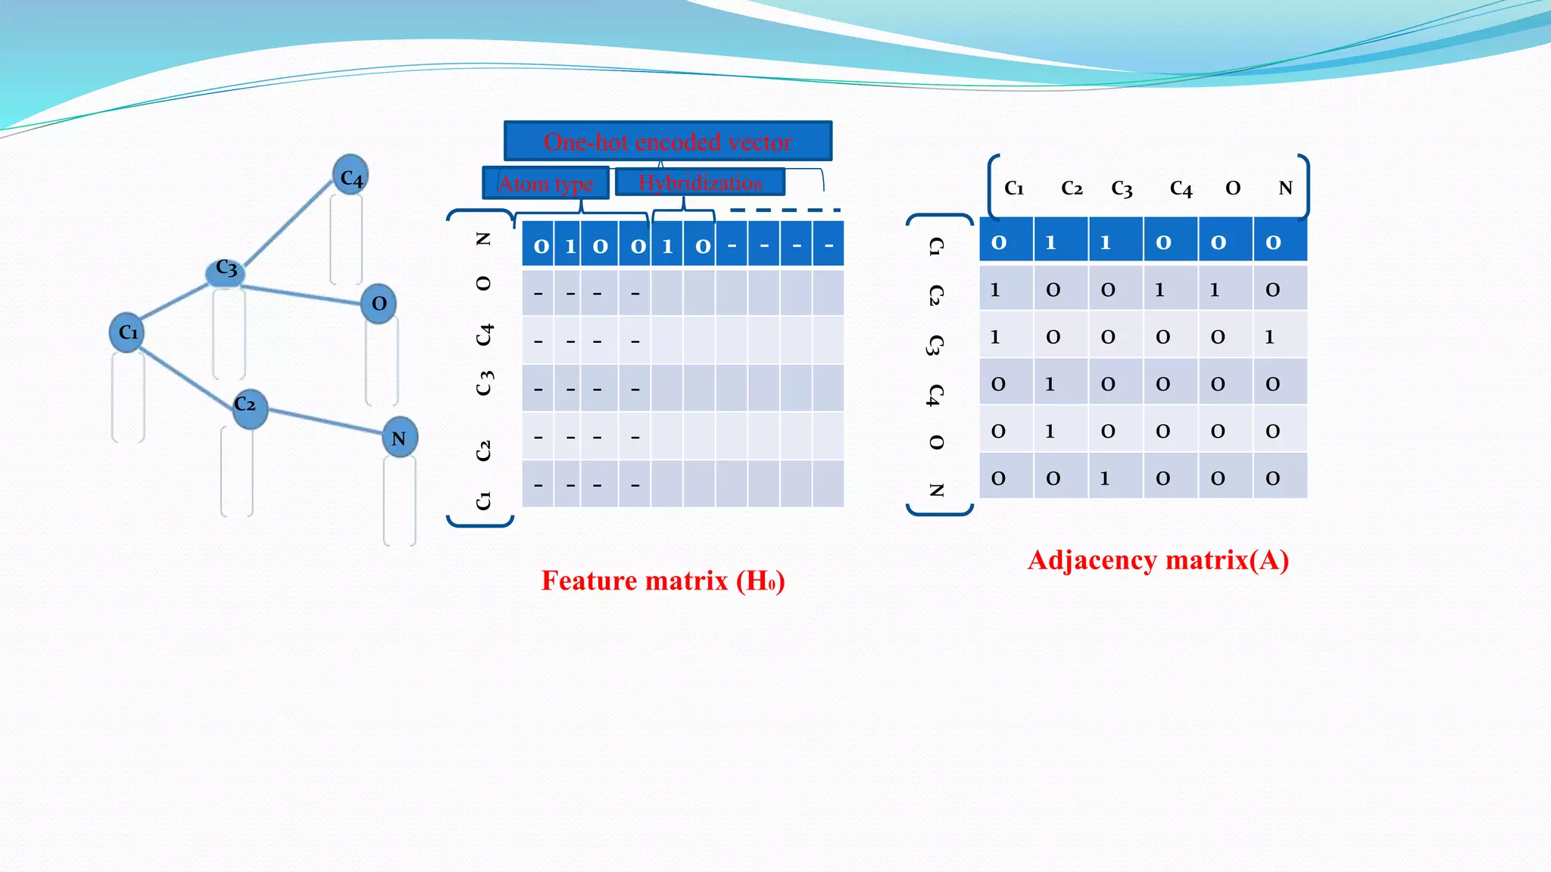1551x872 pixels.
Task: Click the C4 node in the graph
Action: (350, 176)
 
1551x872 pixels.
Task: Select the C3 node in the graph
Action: (226, 270)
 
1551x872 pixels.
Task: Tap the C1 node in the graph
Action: (126, 332)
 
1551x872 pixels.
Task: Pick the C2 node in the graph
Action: (249, 407)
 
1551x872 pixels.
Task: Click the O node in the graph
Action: (379, 304)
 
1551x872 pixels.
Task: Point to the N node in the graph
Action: (399, 438)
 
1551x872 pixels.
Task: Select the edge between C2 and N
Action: (326, 422)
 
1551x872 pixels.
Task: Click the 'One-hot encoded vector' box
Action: (668, 142)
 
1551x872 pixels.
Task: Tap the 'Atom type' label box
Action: (545, 183)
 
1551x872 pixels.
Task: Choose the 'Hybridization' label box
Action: (700, 182)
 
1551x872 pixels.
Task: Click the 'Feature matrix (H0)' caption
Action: (663, 581)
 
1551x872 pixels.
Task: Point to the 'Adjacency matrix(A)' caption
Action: (1158, 560)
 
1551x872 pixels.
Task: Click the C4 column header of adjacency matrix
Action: (1180, 188)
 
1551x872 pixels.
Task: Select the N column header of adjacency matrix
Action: (1285, 188)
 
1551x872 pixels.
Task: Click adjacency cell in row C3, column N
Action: (1272, 337)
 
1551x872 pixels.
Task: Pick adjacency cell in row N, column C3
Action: (1106, 478)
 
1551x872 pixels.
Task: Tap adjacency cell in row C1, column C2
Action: (1051, 242)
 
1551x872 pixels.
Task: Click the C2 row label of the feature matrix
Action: (484, 451)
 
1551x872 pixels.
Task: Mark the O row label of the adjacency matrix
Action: (937, 442)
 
